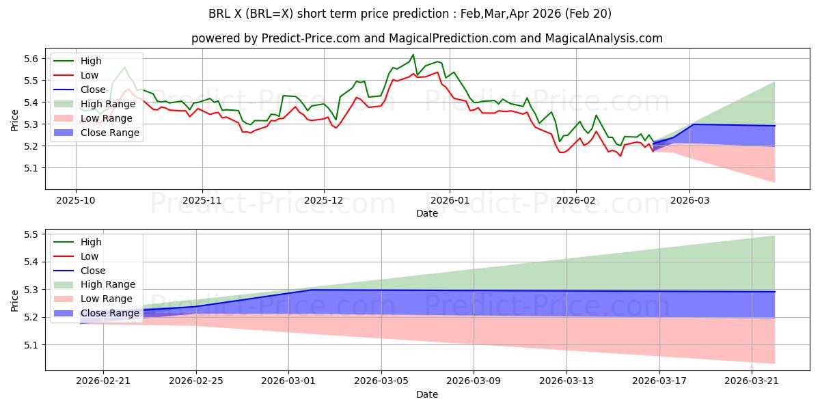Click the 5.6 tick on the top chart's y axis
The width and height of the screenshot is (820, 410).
click(x=31, y=59)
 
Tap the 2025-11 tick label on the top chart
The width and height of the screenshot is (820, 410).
click(x=202, y=201)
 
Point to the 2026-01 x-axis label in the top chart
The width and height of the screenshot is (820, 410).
click(x=450, y=201)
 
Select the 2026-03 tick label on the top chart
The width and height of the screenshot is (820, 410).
click(x=689, y=201)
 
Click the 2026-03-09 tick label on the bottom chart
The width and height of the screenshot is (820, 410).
click(x=474, y=381)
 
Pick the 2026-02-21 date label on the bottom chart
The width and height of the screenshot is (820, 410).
click(x=103, y=381)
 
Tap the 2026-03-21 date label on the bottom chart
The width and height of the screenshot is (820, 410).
click(x=752, y=381)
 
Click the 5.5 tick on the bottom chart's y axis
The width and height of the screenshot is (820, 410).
click(x=31, y=234)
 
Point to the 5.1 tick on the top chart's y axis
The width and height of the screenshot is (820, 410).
click(x=31, y=168)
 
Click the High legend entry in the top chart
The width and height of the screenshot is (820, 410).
click(x=91, y=61)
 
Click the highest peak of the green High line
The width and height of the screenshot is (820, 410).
click(x=413, y=55)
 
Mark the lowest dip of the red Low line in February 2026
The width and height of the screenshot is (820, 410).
click(x=620, y=156)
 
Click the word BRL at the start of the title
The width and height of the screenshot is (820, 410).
click(x=217, y=14)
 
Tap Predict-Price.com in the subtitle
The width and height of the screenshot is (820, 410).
click(x=310, y=38)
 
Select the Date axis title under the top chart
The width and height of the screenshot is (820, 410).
click(x=427, y=213)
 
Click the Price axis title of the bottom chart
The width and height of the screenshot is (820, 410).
click(x=14, y=301)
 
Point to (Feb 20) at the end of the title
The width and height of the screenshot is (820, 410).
click(x=588, y=14)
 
